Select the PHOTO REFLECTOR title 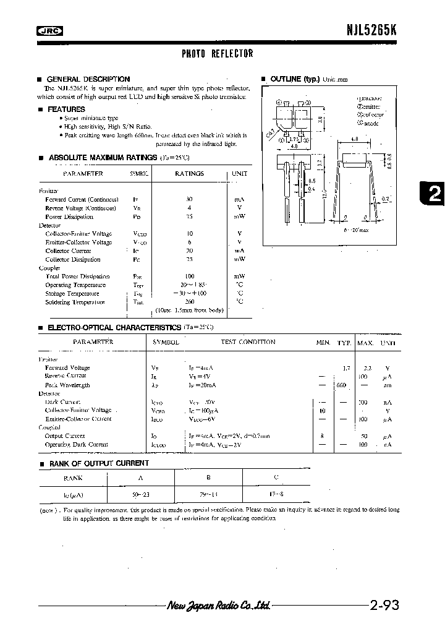click(217, 54)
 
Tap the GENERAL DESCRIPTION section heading click(88, 79)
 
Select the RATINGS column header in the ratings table click(189, 174)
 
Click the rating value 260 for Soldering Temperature click(189, 302)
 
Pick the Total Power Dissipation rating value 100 click(189, 276)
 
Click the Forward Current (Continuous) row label click(82, 200)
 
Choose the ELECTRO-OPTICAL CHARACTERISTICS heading click(114, 326)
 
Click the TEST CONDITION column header click(248, 341)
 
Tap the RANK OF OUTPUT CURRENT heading click(98, 463)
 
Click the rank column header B click(209, 478)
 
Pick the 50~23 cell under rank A click(140, 495)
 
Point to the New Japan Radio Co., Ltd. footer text click(218, 606)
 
